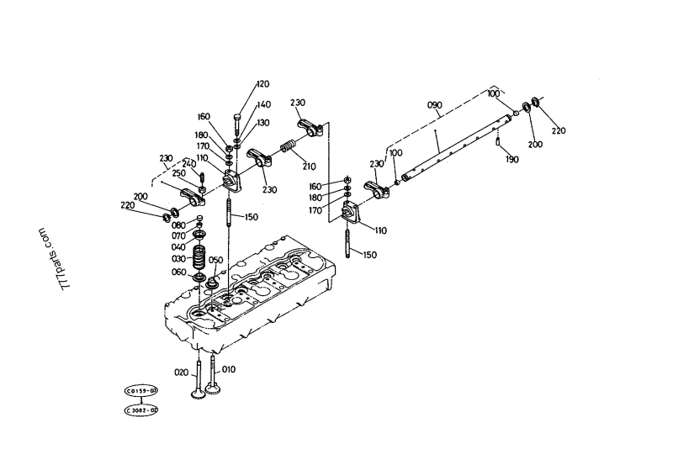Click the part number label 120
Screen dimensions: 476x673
click(x=262, y=84)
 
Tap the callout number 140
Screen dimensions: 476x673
click(x=264, y=105)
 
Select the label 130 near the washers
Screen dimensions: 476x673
click(x=263, y=123)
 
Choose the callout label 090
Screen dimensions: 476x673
click(x=434, y=105)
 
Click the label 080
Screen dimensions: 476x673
click(x=178, y=225)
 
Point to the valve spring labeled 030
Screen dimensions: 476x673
click(x=200, y=255)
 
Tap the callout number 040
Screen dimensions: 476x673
click(x=178, y=246)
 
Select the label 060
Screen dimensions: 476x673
click(x=178, y=272)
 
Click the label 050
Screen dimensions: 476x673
click(x=215, y=261)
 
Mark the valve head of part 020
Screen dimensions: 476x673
click(x=198, y=392)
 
